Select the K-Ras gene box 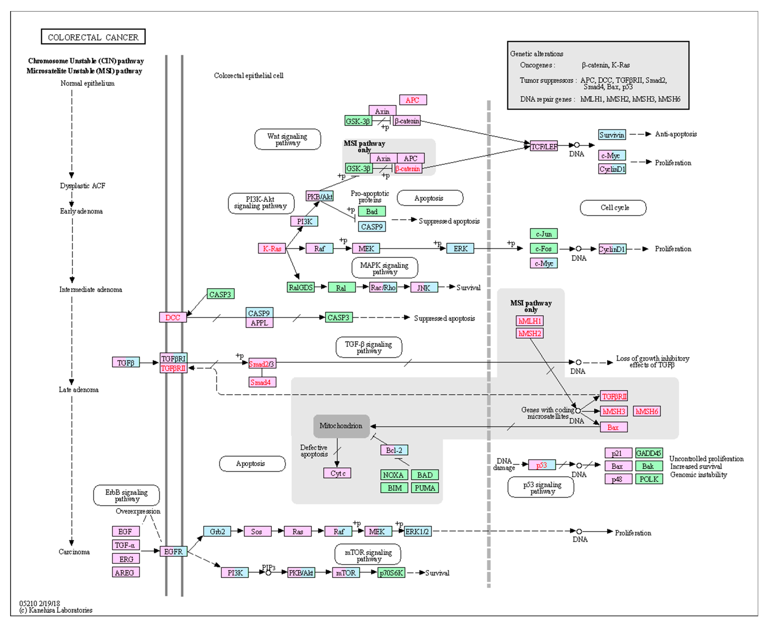pyautogui.click(x=272, y=248)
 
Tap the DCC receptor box pyautogui.click(x=173, y=317)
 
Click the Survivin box pyautogui.click(x=612, y=135)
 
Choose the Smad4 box pyautogui.click(x=262, y=382)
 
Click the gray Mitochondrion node pyautogui.click(x=341, y=426)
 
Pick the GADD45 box pyautogui.click(x=649, y=453)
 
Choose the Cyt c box pyautogui.click(x=337, y=473)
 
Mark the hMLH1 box pyautogui.click(x=530, y=321)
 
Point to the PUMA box pyautogui.click(x=425, y=488)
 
